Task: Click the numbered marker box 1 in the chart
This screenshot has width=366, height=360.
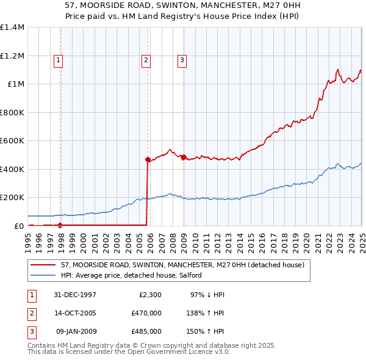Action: point(58,60)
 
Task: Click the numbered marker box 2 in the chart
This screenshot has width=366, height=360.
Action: point(146,60)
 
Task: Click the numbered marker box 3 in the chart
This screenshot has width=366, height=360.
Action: point(182,60)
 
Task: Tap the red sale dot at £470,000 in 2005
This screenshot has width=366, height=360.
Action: point(148,159)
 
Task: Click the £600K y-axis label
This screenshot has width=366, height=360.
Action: point(12,141)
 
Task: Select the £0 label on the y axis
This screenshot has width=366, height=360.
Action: point(19,226)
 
